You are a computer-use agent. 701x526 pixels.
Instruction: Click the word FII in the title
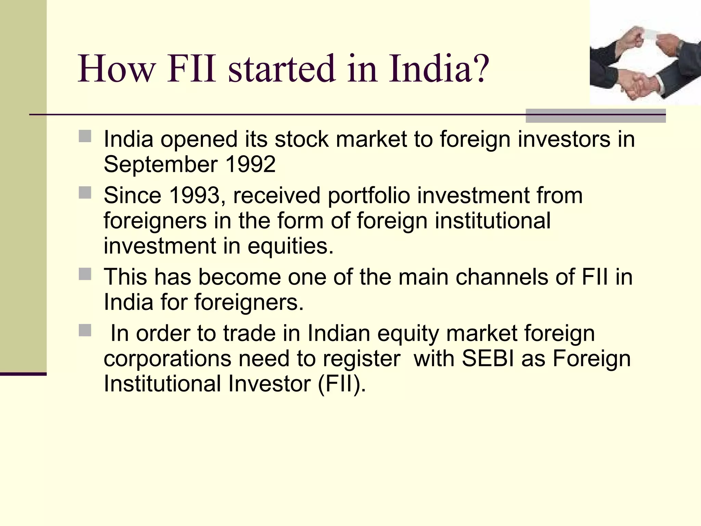click(191, 69)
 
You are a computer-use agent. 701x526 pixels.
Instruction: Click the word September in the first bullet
click(161, 165)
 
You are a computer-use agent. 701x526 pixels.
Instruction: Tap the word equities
click(290, 246)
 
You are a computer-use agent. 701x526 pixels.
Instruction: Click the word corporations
click(167, 359)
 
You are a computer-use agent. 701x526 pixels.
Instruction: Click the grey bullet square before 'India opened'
click(85, 136)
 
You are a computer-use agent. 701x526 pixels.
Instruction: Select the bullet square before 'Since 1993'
click(85, 193)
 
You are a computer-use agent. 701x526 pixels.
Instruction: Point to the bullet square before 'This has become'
click(85, 274)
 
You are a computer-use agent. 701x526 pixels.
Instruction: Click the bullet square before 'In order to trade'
click(85, 330)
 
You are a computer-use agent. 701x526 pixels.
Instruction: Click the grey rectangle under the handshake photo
click(595, 116)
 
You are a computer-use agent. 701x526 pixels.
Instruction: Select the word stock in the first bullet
click(302, 140)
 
